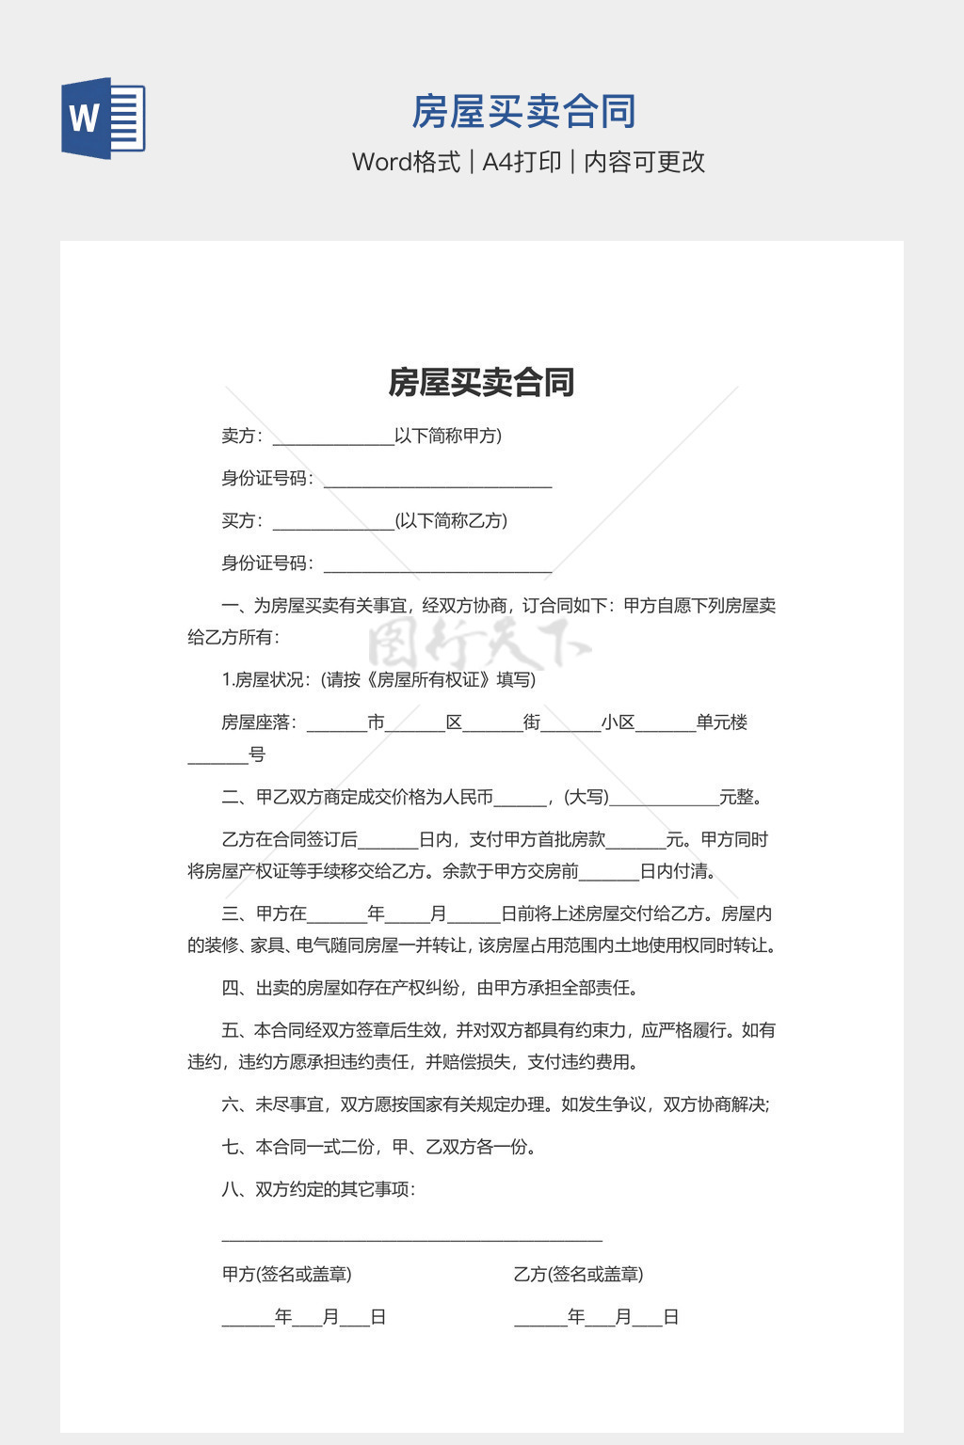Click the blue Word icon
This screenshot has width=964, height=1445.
point(104,118)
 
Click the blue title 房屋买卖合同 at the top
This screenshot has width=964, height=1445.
point(523,112)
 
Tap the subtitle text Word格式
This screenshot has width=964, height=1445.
point(406,162)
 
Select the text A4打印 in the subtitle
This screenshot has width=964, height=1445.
point(522,162)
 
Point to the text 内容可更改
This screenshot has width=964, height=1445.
point(644,162)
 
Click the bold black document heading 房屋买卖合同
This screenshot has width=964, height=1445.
point(481,382)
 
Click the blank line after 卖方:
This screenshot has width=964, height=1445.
point(332,438)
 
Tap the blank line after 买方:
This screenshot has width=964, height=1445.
point(332,523)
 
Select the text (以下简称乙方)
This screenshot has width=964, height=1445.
point(451,521)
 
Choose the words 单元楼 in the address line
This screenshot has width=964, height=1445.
point(722,722)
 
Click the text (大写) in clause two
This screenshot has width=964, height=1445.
point(586,798)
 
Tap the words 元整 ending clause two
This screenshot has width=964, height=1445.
point(740,798)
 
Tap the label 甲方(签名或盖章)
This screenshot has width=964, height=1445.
point(286,1275)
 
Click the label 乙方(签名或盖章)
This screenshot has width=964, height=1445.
point(578,1275)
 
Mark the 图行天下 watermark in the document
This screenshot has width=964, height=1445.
point(478,645)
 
